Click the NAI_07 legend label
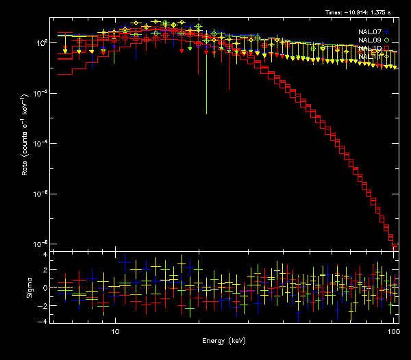[369, 32]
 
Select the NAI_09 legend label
[369, 40]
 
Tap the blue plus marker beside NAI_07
[387, 32]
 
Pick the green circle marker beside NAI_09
[387, 40]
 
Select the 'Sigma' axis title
[29, 287]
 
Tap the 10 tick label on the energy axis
[115, 331]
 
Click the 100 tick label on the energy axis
[393, 331]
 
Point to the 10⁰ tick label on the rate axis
[41, 42]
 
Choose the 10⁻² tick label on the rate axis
[41, 93]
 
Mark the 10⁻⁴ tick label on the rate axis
[41, 143]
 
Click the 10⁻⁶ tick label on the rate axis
[41, 194]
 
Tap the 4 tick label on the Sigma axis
[45, 254]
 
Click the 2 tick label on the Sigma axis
[45, 270]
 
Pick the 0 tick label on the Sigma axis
[45, 287]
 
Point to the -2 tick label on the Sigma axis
[44, 304]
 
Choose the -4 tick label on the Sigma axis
[44, 320]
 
